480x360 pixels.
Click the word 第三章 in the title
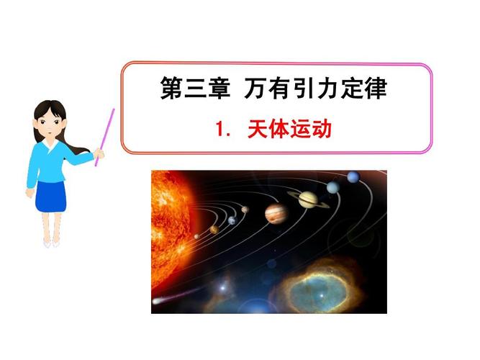[x=195, y=88]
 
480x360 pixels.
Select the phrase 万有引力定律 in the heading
[x=316, y=88]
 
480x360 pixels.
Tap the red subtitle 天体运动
[x=289, y=129]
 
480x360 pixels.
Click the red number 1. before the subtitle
[x=223, y=129]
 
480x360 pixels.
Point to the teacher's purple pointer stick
[x=104, y=138]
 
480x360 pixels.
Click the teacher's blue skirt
[x=50, y=197]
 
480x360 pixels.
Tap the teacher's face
[x=50, y=122]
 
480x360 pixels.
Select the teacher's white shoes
[x=51, y=244]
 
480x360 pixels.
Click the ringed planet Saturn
[x=308, y=199]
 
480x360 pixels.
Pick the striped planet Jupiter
[x=276, y=214]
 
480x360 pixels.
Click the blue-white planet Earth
[x=232, y=220]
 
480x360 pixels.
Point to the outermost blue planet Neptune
[x=353, y=177]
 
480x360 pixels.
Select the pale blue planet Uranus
[x=333, y=187]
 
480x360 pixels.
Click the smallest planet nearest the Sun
[x=197, y=237]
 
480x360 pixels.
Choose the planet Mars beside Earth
[x=245, y=210]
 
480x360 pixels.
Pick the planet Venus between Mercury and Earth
[x=214, y=229]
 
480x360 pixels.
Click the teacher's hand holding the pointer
[x=99, y=153]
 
